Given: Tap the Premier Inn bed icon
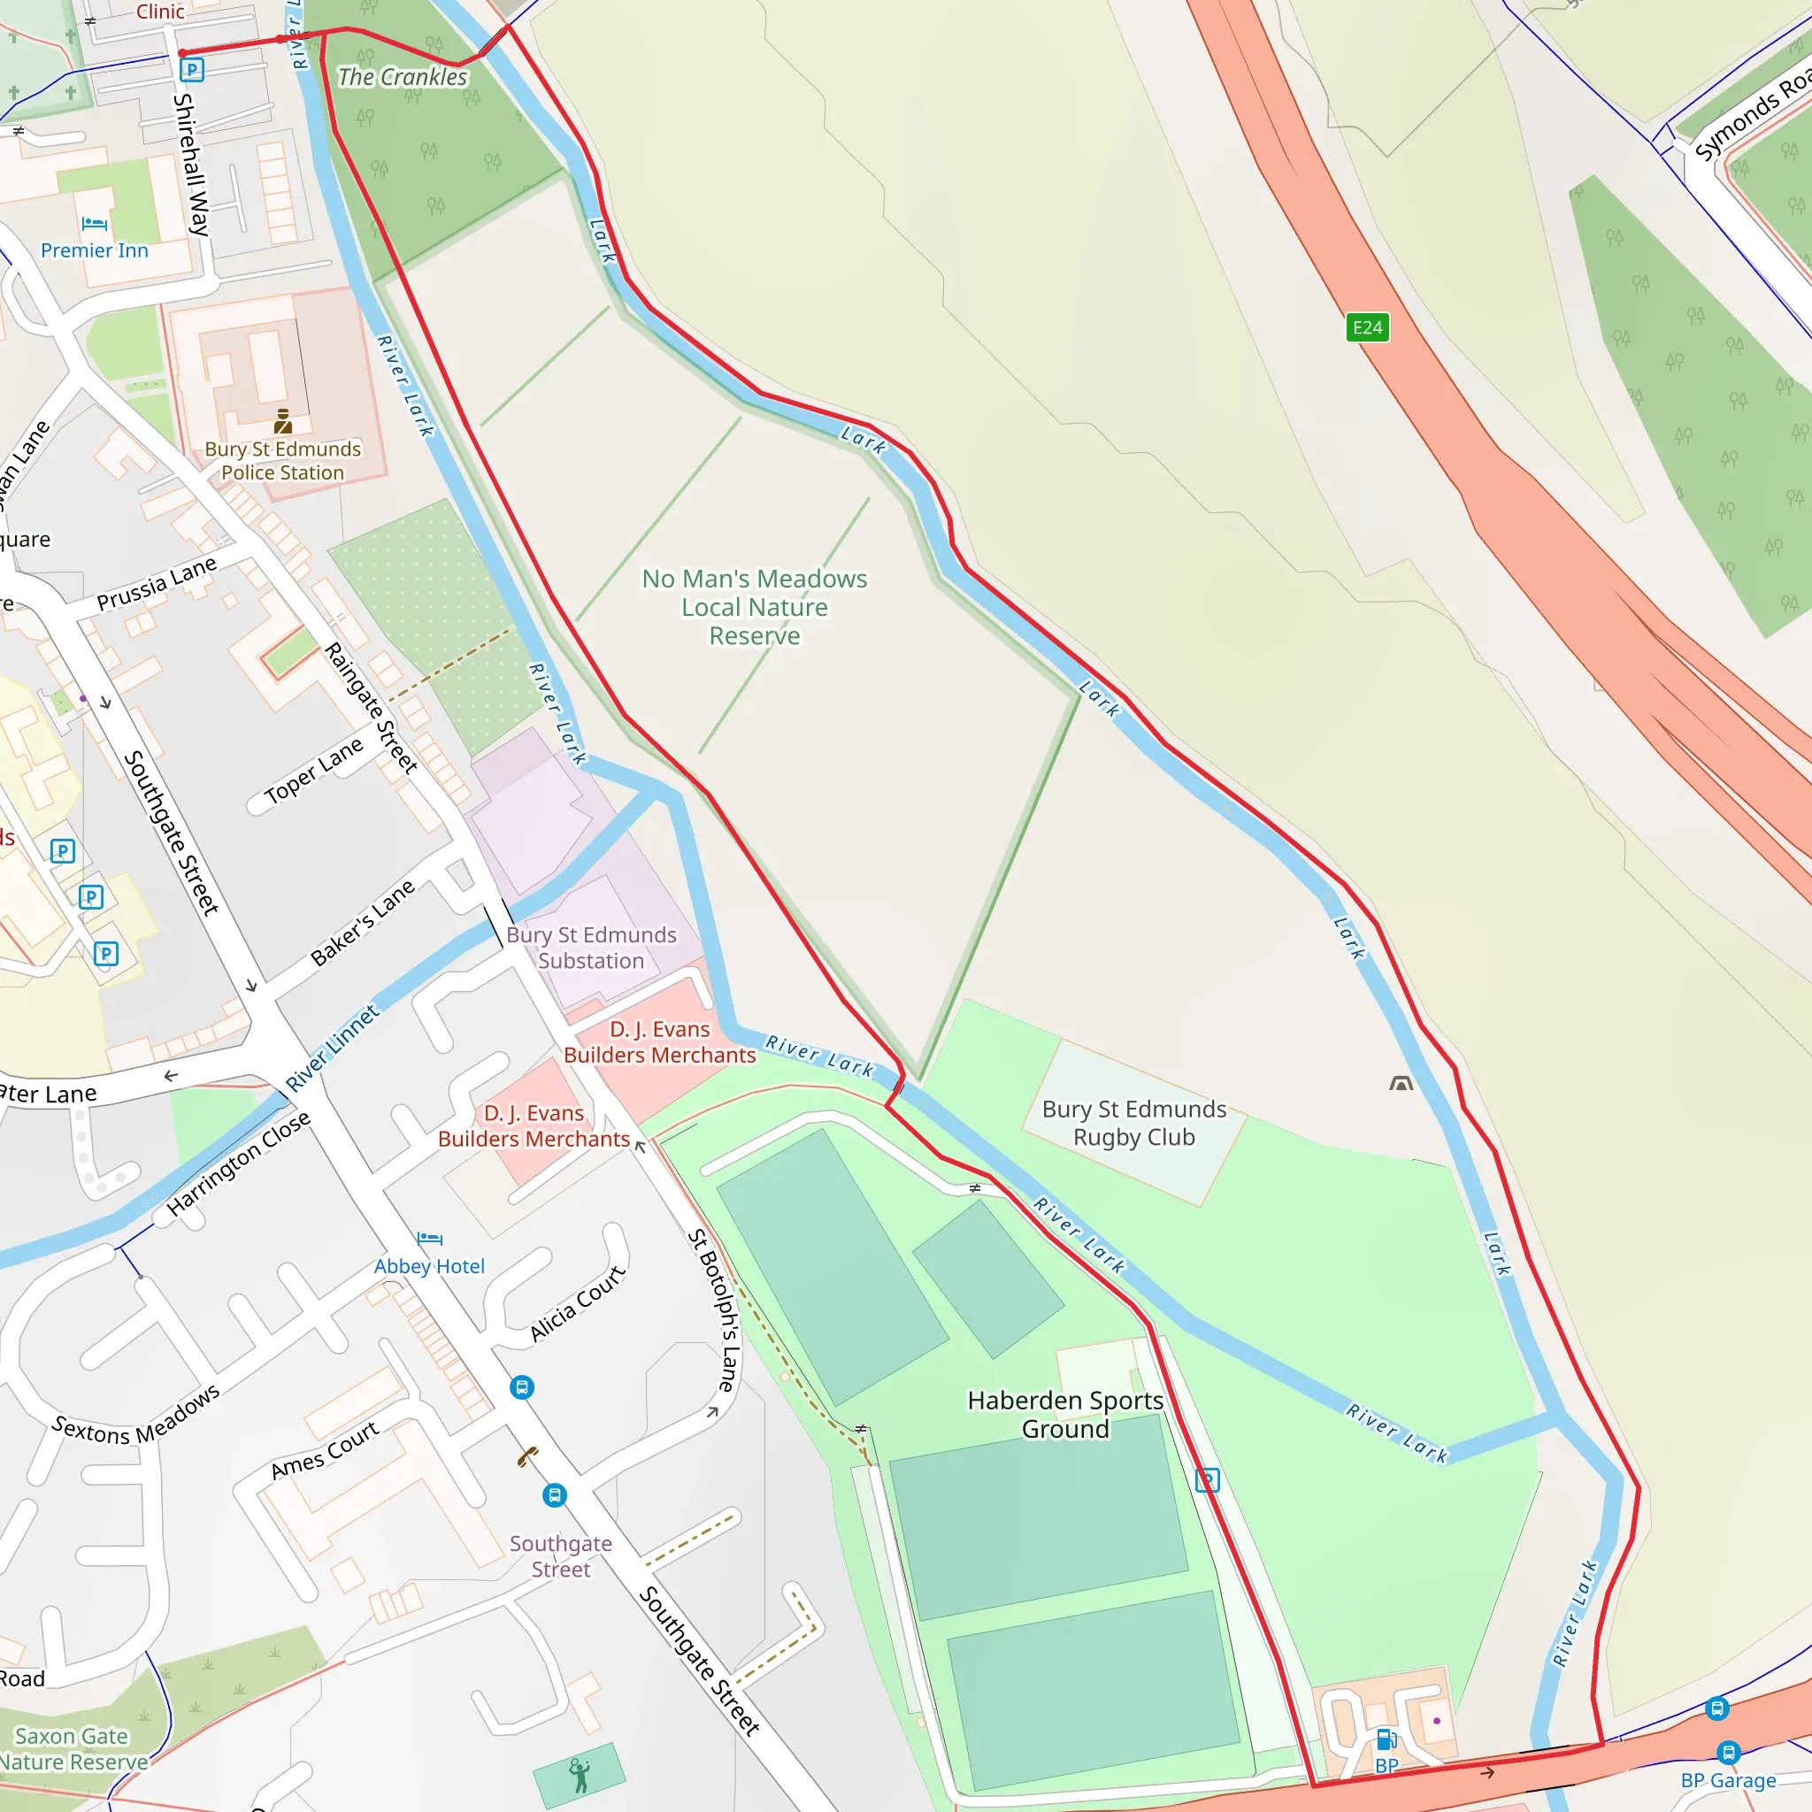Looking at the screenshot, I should [x=94, y=223].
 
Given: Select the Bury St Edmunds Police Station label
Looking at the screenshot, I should [x=282, y=460].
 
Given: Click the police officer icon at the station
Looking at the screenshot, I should [x=282, y=420].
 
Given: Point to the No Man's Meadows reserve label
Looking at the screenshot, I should [x=754, y=607].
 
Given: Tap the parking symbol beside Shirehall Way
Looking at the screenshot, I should [x=191, y=69].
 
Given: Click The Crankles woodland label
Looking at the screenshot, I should [x=402, y=77].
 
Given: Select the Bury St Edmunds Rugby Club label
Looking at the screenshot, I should [x=1133, y=1123].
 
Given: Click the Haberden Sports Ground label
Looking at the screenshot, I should [x=1064, y=1415].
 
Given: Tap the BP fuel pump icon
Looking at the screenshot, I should [x=1386, y=1739].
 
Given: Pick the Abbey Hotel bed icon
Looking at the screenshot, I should [x=428, y=1239].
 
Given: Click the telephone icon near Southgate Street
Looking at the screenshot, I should [x=528, y=1456].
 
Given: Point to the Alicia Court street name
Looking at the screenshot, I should [x=577, y=1303].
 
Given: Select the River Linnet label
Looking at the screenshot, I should [x=332, y=1048].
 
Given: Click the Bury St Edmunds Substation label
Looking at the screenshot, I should [x=591, y=948].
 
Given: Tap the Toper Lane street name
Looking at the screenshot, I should [x=312, y=771].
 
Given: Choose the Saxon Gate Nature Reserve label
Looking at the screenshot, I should [x=73, y=1749].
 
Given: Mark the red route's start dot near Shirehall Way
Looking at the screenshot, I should [x=182, y=53].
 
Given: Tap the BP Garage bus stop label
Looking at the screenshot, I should [x=1728, y=1780].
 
